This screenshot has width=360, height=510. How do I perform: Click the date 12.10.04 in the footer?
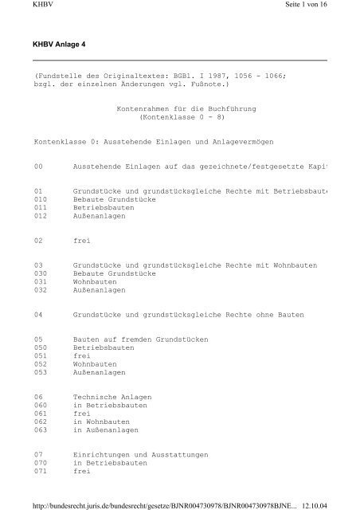coord(342,503)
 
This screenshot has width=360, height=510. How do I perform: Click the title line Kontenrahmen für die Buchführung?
coord(179,106)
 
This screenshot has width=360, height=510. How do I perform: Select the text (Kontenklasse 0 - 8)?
coord(179,116)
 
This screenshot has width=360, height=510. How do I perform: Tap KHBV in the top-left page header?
coord(14,6)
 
